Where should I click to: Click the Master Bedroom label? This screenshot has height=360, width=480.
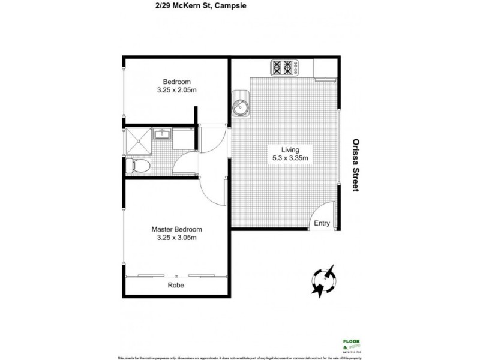click(176, 229)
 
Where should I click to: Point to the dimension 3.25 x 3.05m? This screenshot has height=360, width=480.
click(176, 238)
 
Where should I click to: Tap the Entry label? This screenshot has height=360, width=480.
click(322, 223)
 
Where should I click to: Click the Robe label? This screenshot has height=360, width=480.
click(176, 285)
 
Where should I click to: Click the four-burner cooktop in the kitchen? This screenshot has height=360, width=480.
click(286, 68)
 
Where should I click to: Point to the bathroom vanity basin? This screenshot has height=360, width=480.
click(162, 134)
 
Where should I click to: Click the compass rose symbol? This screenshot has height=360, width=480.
click(324, 281)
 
